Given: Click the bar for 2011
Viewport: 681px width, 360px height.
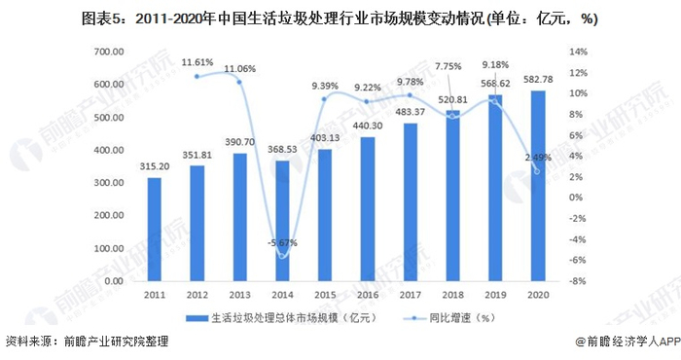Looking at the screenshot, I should click(x=154, y=229).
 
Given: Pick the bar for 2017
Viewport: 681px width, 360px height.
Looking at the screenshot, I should click(x=410, y=201).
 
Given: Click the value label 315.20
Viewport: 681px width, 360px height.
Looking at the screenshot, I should click(x=154, y=165).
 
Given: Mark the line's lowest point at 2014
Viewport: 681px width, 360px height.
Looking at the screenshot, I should click(x=282, y=256).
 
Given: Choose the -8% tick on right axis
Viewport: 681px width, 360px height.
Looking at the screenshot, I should click(x=575, y=281).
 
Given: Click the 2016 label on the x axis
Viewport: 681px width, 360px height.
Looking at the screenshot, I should click(x=367, y=293).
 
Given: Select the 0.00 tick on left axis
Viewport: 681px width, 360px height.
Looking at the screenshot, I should click(x=112, y=281).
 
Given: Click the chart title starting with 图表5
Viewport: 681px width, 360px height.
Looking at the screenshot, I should click(x=340, y=16).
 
